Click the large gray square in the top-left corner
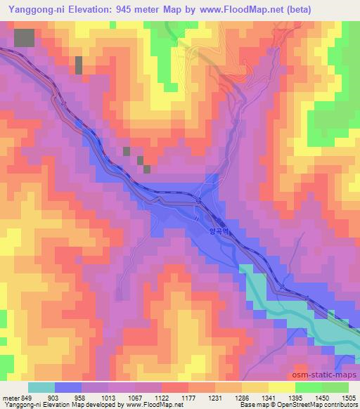click(24, 38)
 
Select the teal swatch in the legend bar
click(41, 387)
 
